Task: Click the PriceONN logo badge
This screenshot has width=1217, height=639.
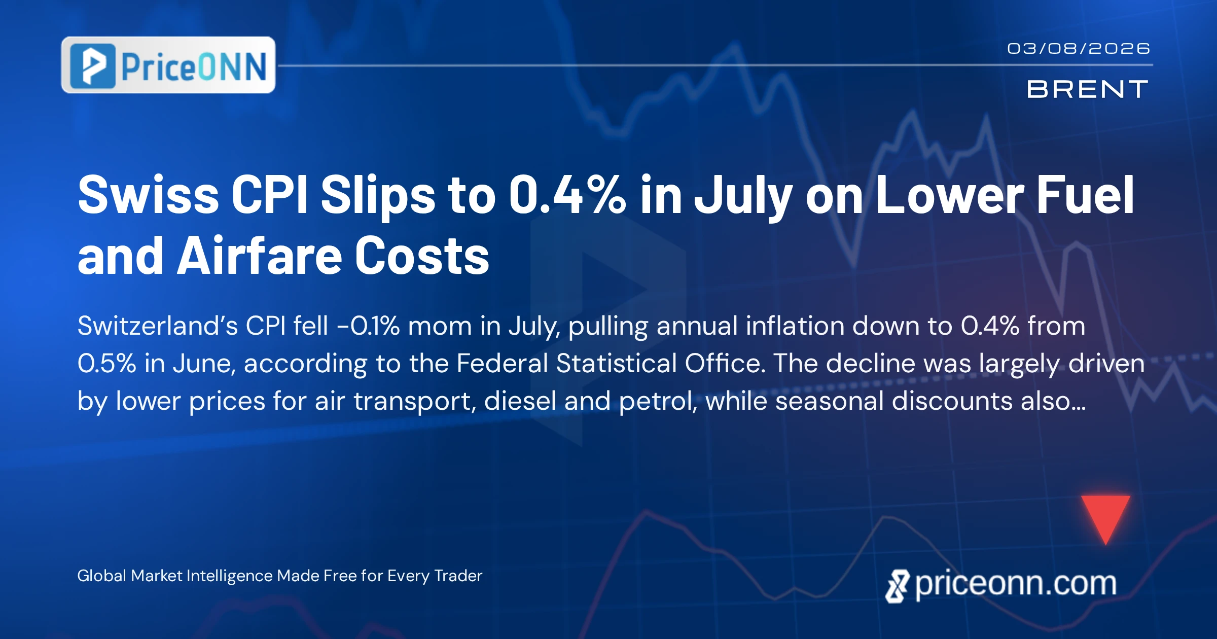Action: tap(168, 65)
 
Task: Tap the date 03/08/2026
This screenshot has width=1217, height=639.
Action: tap(1079, 49)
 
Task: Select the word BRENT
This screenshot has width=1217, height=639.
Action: tap(1087, 89)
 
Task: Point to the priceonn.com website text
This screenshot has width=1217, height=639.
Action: tap(1016, 584)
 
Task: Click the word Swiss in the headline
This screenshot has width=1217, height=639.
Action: tap(148, 195)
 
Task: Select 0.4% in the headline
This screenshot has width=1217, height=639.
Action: tap(567, 195)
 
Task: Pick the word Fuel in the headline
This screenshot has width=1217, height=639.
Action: tap(1086, 195)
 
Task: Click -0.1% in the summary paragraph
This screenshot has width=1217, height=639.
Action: tap(368, 326)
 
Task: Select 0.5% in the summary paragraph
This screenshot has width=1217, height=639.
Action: tap(107, 364)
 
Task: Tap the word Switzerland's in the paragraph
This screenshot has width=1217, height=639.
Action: tap(158, 326)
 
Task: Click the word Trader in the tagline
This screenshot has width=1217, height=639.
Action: tap(458, 576)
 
